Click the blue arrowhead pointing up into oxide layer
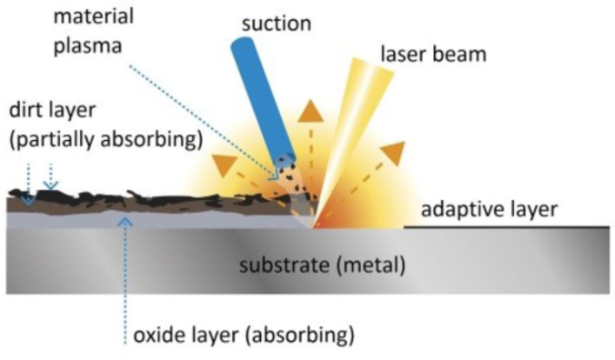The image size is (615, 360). [128, 223]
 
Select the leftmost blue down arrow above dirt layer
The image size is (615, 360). [29, 199]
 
